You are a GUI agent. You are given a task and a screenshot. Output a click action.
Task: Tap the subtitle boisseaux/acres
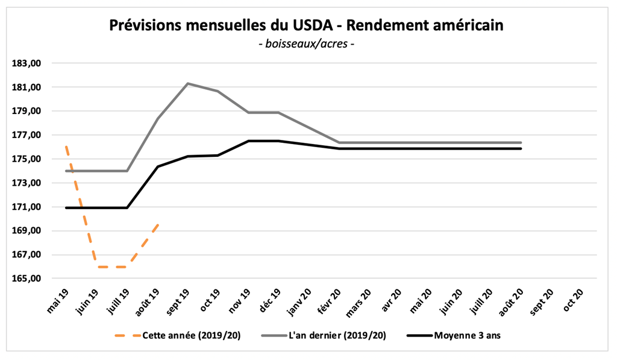(305, 44)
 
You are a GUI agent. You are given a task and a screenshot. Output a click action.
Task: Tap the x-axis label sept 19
(178, 300)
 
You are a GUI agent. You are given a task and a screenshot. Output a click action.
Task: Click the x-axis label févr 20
(330, 300)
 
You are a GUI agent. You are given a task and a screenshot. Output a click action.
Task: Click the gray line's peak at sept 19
(188, 83)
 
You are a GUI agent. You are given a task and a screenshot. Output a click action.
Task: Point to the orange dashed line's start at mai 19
(66, 147)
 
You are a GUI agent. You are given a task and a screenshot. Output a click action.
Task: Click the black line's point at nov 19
(249, 141)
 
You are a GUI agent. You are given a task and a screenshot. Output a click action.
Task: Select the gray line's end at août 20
(521, 142)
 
